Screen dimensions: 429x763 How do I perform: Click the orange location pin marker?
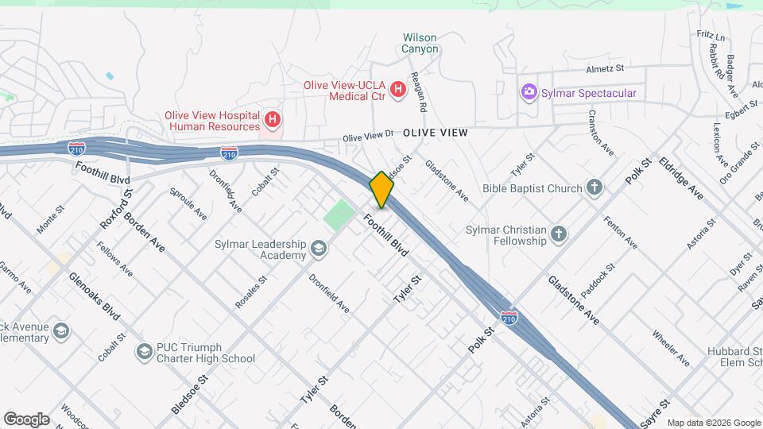(382, 190)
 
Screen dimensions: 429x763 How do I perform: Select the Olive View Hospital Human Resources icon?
(273, 120)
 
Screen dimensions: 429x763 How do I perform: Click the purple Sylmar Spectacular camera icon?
(529, 93)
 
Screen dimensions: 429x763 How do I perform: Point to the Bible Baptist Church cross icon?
(594, 188)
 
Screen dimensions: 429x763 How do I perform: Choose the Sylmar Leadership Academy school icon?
(319, 249)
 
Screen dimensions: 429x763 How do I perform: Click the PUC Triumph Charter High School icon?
(144, 350)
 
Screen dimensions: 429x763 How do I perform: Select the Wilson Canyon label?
(420, 43)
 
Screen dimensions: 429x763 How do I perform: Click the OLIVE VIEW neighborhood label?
(435, 133)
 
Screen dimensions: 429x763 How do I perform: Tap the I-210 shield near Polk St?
(509, 318)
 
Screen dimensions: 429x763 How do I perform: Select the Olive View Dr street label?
(368, 137)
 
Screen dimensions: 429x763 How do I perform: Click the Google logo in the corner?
(26, 419)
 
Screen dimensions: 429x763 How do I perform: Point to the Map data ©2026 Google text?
(713, 423)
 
